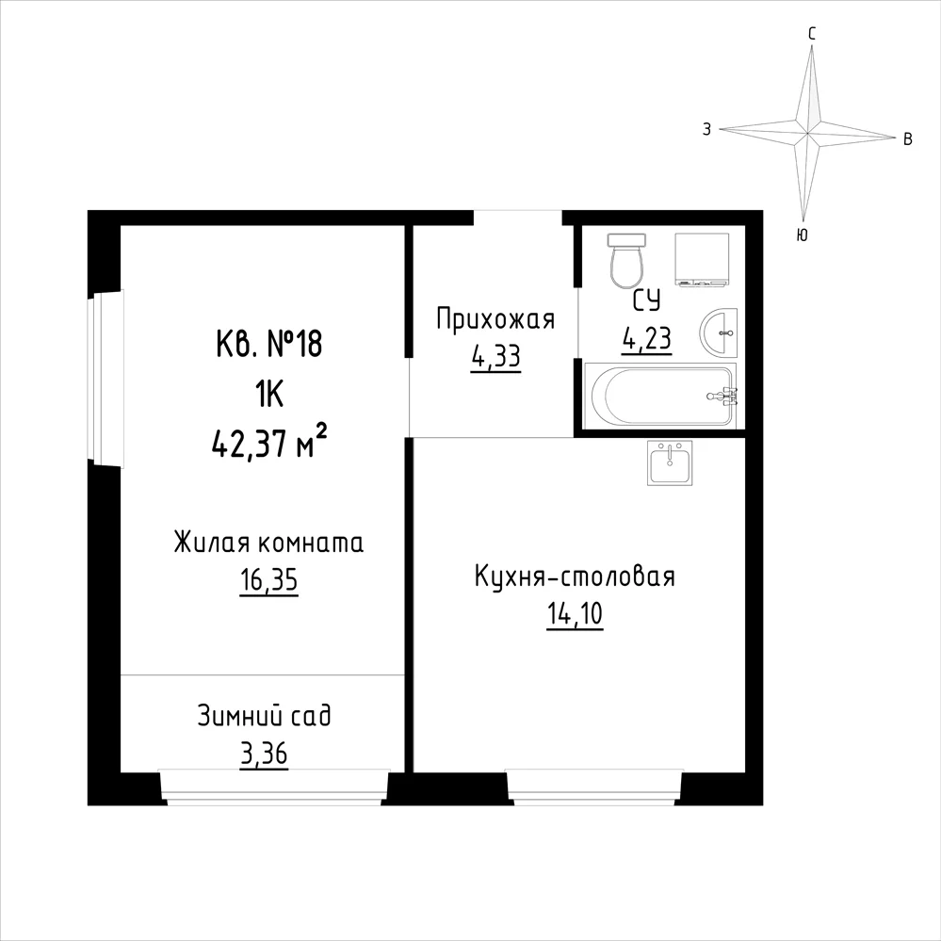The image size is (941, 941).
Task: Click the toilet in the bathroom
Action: click(x=627, y=261)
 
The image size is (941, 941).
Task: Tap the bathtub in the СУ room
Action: click(x=659, y=396)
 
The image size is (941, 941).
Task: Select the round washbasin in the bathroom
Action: click(x=719, y=333)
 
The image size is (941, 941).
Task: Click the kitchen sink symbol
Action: click(x=669, y=462)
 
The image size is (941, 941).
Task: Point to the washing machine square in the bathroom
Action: click(x=703, y=259)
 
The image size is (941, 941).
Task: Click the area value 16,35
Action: click(x=268, y=581)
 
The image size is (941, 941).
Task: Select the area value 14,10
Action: click(x=575, y=614)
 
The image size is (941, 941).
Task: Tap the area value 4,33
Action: click(x=495, y=358)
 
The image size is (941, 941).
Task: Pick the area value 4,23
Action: click(x=646, y=340)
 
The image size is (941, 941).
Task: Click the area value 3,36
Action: click(x=264, y=754)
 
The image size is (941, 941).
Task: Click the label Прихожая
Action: click(x=495, y=320)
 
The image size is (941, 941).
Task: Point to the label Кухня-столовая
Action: click(x=575, y=576)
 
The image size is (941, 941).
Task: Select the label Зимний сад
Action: click(x=264, y=717)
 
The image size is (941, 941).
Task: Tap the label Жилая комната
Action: click(x=268, y=544)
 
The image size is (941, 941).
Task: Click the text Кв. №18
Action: click(x=268, y=345)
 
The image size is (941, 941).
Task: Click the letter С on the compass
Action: click(x=811, y=34)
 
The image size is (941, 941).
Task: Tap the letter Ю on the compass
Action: click(x=802, y=235)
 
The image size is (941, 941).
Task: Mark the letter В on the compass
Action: click(x=908, y=139)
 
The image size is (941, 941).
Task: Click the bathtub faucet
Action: click(x=723, y=396)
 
